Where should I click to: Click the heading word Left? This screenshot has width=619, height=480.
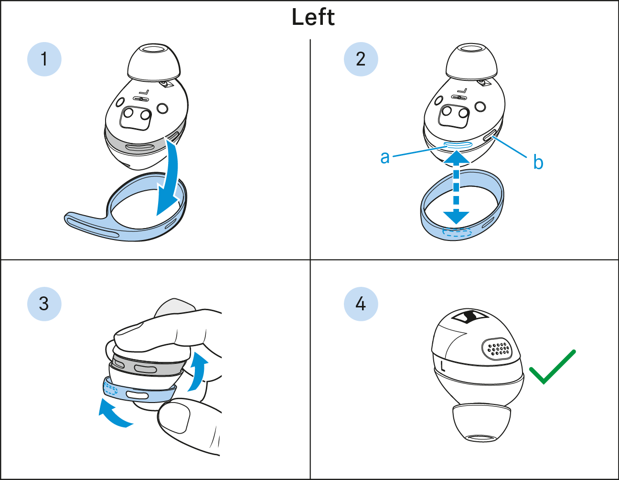coord(313,17)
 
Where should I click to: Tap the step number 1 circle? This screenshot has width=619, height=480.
coord(44,59)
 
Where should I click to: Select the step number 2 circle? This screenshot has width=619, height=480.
coord(361,59)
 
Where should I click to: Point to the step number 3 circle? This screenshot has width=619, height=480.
coord(44,304)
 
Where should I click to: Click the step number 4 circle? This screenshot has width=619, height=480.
coord(361,304)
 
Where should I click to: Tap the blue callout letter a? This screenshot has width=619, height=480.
coord(385,157)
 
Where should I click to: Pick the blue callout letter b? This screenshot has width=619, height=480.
coord(538,162)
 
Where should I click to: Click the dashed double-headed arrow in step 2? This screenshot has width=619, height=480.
coord(456,187)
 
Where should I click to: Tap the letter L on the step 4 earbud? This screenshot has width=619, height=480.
coord(442,366)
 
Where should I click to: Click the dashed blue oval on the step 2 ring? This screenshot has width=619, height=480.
coord(457,232)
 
